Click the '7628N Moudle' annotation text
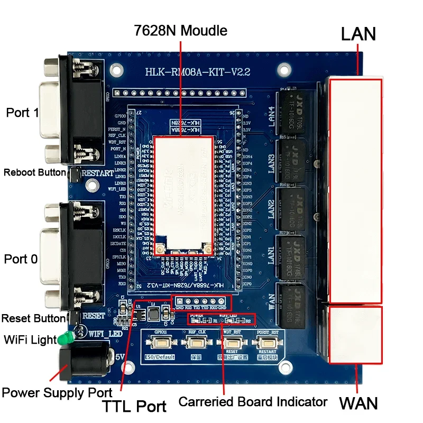click(181, 30)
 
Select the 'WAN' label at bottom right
click(358, 403)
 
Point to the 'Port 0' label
click(22, 259)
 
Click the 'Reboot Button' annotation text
click(34, 172)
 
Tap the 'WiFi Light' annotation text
click(30, 339)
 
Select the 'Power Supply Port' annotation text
click(57, 392)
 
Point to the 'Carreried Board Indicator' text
click(253, 402)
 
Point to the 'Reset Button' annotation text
click(33, 319)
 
